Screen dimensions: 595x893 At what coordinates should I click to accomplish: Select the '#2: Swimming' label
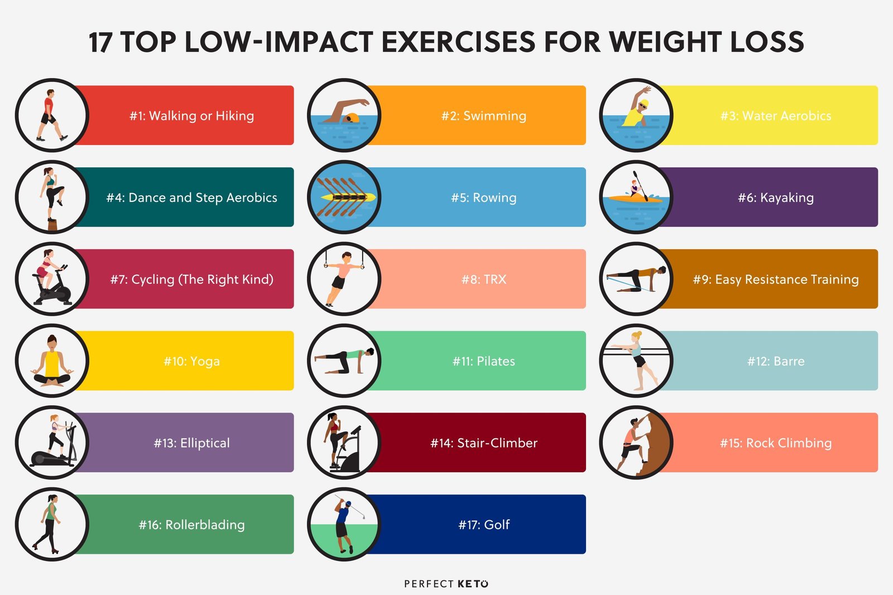tap(484, 116)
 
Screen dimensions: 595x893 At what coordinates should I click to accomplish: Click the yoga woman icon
tap(52, 361)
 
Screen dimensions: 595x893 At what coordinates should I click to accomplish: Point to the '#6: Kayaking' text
tap(776, 197)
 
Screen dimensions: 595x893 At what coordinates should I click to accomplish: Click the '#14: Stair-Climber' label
tap(484, 443)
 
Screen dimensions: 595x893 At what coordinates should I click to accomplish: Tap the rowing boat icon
tap(345, 197)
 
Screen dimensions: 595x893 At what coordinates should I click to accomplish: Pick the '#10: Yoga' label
tap(191, 361)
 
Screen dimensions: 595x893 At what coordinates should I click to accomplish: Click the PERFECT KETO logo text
tap(446, 584)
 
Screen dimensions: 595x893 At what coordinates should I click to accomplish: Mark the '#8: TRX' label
tap(484, 279)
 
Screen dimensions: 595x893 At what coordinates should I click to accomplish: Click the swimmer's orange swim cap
tap(352, 118)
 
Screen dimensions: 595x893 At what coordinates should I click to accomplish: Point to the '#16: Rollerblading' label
tap(191, 525)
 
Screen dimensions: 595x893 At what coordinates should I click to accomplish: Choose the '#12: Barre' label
tap(776, 361)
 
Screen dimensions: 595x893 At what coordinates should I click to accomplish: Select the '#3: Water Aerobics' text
tap(776, 116)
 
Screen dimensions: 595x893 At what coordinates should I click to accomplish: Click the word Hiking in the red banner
tap(234, 116)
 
